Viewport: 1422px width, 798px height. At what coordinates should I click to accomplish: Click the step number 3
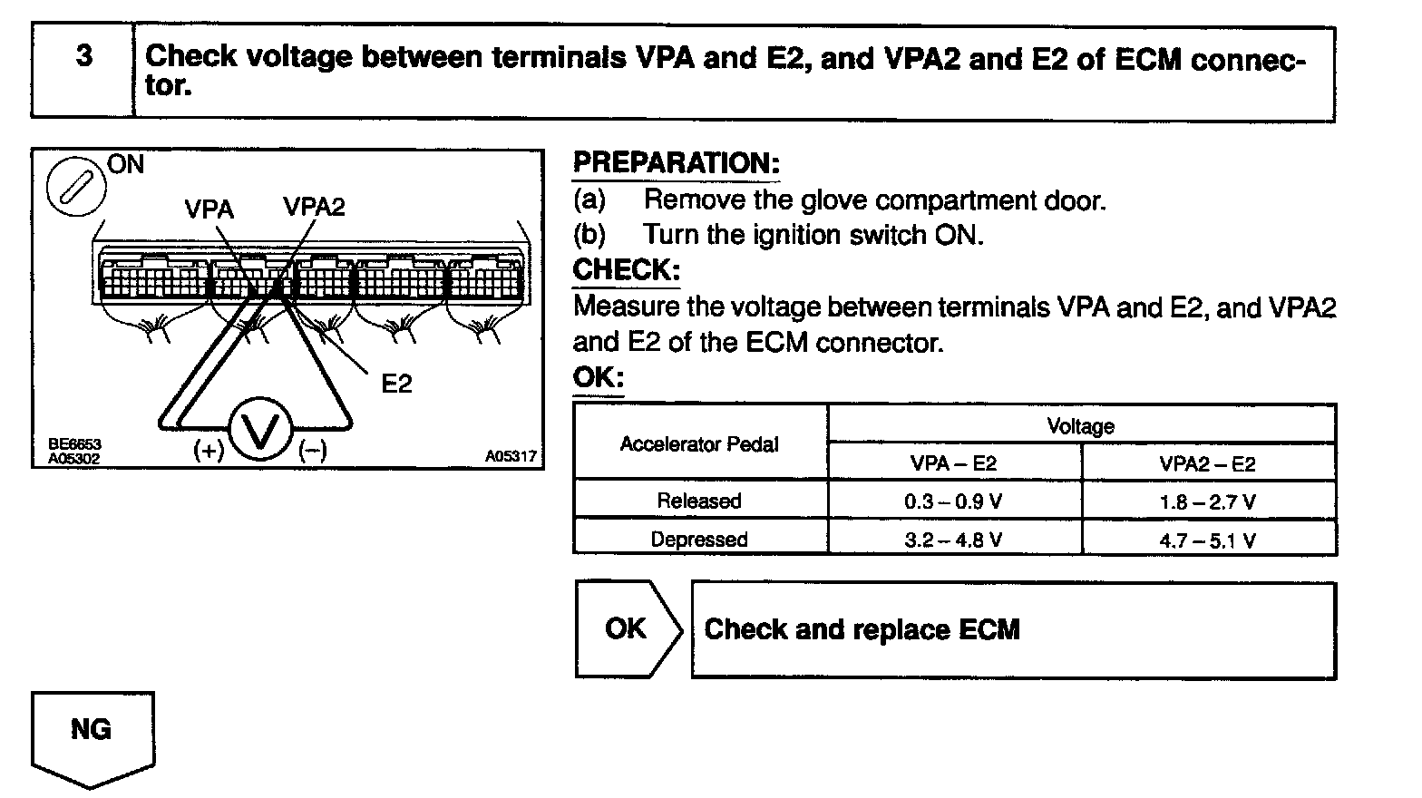coord(83,56)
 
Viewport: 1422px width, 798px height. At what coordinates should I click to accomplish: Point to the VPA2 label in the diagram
coord(314,207)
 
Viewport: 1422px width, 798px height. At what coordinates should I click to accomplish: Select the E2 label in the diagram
coord(396,384)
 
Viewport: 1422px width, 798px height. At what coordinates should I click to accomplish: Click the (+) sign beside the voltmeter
coord(209,451)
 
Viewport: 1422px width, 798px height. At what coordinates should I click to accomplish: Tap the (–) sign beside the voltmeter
coord(313,451)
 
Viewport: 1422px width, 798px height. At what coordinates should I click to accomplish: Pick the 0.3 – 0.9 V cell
coord(953,501)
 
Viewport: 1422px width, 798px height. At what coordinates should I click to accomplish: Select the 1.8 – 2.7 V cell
coord(1208,501)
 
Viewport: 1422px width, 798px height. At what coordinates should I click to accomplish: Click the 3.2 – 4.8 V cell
coord(953,540)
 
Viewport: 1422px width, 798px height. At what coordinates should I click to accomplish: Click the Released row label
coord(699,501)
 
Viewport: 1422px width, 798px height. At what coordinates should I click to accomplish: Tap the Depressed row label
coord(699,540)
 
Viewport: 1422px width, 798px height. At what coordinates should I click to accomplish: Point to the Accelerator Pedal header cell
coord(699,444)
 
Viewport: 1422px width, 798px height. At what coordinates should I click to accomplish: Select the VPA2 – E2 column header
coord(1208,464)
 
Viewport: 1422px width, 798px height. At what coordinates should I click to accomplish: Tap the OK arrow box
coord(627,628)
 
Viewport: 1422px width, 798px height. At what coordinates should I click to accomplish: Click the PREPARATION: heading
coord(676,163)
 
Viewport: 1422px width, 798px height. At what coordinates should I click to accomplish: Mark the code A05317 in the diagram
coord(511,457)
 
